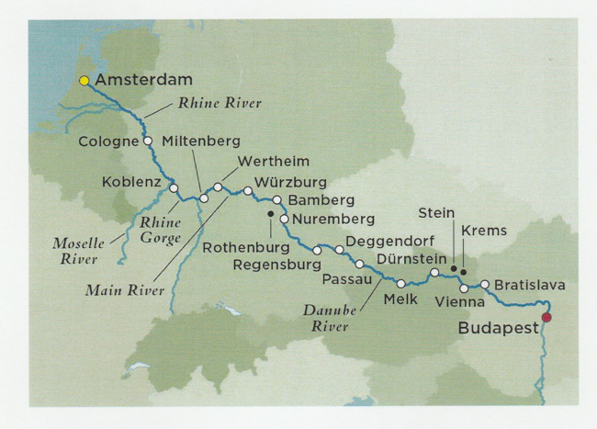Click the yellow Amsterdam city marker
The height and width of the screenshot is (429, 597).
point(84,81)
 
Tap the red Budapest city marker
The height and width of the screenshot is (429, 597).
point(547,318)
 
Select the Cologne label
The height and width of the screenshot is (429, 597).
point(108,141)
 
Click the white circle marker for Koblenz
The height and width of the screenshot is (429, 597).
point(173,187)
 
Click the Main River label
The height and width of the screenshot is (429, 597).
point(124,290)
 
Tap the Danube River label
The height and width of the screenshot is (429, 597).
point(331,318)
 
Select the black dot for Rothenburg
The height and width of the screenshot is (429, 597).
point(270,214)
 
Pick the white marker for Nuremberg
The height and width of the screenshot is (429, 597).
point(285,220)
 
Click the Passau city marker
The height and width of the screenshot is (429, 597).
point(359,264)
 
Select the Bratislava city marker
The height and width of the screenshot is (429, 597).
point(485,284)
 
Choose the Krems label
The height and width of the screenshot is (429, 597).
point(483,230)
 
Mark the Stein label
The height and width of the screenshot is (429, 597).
point(436,212)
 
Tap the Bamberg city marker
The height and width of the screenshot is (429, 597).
point(277,198)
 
